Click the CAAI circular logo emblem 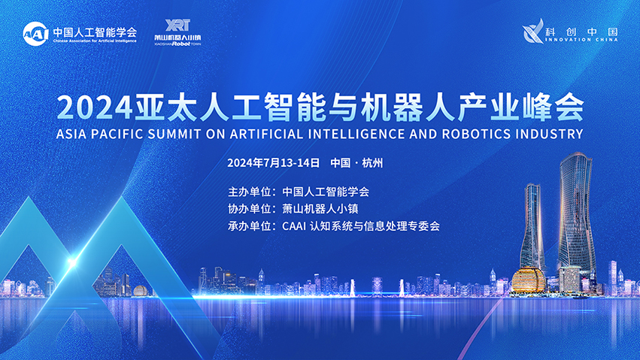point(35,34)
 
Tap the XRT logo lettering point(177,26)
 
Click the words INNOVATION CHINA point(581,40)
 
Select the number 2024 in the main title point(94,107)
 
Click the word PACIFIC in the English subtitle point(117,134)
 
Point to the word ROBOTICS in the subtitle point(477,134)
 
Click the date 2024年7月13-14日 point(274,163)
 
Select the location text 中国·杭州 point(356,163)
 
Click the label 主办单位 point(249,192)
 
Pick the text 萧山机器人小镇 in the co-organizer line point(320,209)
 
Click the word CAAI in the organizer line point(294,226)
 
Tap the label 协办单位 point(249,209)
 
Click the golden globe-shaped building point(529,280)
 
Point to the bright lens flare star point(72,263)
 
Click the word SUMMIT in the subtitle point(174,134)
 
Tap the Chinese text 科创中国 point(581,32)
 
